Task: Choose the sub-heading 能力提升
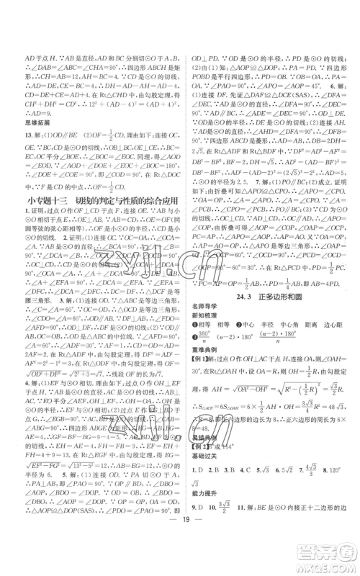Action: [x=204, y=505]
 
